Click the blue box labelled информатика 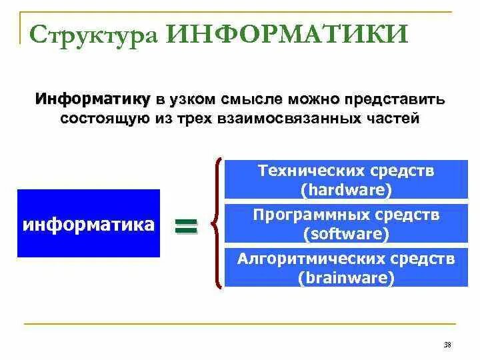click(x=89, y=223)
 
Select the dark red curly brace click(x=217, y=223)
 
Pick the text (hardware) click(x=346, y=189)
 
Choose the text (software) click(x=346, y=233)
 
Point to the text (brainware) click(x=346, y=277)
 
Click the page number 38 click(x=447, y=345)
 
